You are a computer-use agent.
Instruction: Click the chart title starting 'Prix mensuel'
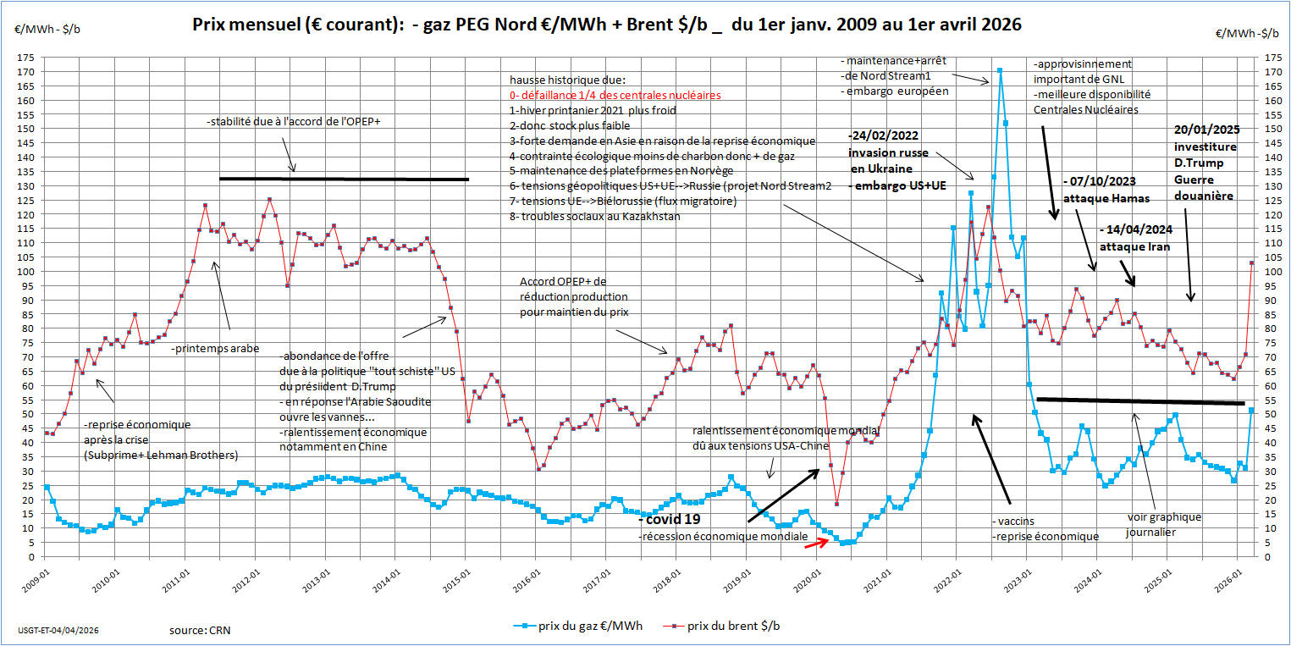[x=607, y=25]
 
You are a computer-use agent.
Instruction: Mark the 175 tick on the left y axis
[x=28, y=58]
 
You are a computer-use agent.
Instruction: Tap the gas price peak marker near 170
[x=999, y=70]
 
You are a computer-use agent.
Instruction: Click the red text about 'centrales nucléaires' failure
[x=615, y=95]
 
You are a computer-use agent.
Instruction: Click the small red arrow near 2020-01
[x=816, y=544]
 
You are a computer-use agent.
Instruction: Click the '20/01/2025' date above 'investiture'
[x=1205, y=130]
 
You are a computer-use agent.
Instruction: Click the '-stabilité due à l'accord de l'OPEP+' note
[x=293, y=121]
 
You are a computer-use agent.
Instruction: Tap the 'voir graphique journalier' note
[x=1164, y=524]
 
